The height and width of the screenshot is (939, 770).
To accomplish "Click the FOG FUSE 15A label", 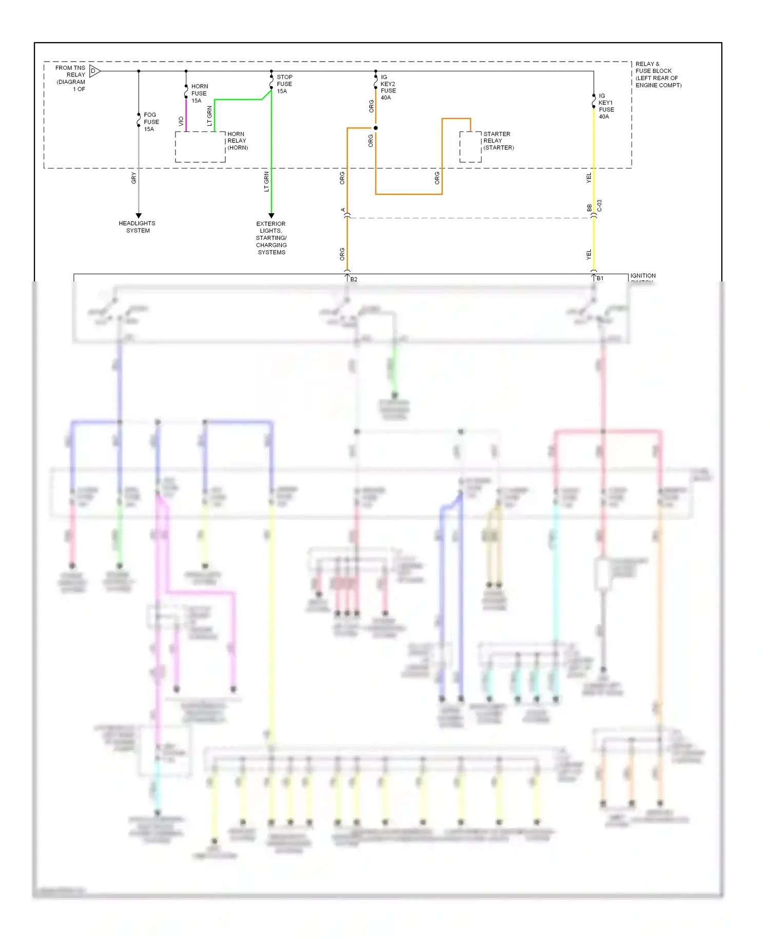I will (151, 122).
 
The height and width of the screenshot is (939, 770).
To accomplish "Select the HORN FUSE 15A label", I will (199, 93).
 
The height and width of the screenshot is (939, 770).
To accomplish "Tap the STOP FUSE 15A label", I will (284, 84).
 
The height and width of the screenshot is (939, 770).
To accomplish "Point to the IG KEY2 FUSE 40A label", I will (388, 87).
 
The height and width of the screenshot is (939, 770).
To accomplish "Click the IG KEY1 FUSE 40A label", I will (606, 106).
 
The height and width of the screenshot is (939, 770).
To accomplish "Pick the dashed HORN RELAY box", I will (200, 147).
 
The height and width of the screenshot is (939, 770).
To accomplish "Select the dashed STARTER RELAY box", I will (470, 147).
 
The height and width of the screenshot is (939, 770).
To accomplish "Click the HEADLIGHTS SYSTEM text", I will (137, 227).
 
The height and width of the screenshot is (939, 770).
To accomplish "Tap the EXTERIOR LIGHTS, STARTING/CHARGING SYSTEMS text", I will (271, 238).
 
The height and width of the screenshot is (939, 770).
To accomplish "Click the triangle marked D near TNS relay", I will (94, 71).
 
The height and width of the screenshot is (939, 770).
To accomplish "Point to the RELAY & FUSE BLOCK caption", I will (658, 75).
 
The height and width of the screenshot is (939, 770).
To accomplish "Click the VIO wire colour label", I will (181, 121).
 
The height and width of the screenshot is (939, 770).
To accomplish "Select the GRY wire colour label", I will (134, 178).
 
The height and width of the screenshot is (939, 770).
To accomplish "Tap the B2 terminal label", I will (354, 279).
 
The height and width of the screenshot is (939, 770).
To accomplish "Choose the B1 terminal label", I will (600, 278).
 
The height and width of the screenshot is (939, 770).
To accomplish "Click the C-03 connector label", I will (599, 206).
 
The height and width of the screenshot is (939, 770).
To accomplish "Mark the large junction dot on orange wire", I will (376, 128).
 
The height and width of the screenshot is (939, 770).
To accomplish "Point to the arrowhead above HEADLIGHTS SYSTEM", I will (139, 216).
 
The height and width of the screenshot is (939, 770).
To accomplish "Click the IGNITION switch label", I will (643, 276).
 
